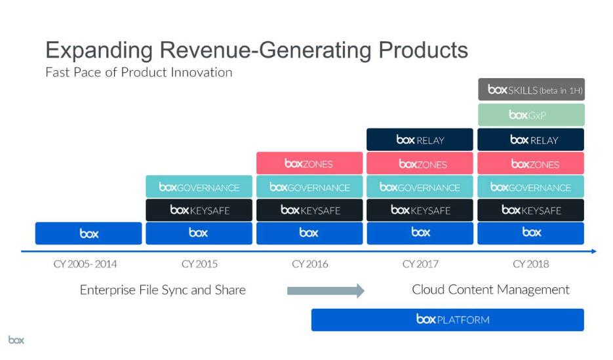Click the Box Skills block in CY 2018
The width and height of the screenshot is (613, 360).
[x=530, y=90]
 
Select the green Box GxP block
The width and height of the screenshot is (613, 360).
[x=530, y=115]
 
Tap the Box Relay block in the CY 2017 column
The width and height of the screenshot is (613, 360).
[x=420, y=140]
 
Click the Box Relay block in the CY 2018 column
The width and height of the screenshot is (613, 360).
[x=530, y=140]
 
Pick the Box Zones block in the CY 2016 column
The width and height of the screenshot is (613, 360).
[x=309, y=163]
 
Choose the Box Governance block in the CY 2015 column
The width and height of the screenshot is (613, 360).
[x=199, y=188]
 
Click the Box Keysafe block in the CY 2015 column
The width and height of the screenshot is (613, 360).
[x=199, y=210]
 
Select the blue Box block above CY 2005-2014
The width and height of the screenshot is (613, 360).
[x=89, y=233]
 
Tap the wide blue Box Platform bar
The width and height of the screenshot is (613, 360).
[x=447, y=320]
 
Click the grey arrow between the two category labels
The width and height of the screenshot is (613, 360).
[x=325, y=290]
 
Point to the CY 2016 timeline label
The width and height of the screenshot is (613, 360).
[x=309, y=264]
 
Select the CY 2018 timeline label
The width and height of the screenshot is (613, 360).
[x=530, y=264]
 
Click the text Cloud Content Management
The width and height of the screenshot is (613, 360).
[x=490, y=290]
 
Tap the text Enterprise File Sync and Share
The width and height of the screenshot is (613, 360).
[x=163, y=290]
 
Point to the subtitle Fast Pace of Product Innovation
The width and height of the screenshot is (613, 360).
[x=138, y=72]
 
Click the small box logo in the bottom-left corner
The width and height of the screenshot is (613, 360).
[x=16, y=340]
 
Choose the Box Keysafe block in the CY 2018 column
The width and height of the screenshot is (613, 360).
[x=530, y=210]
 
